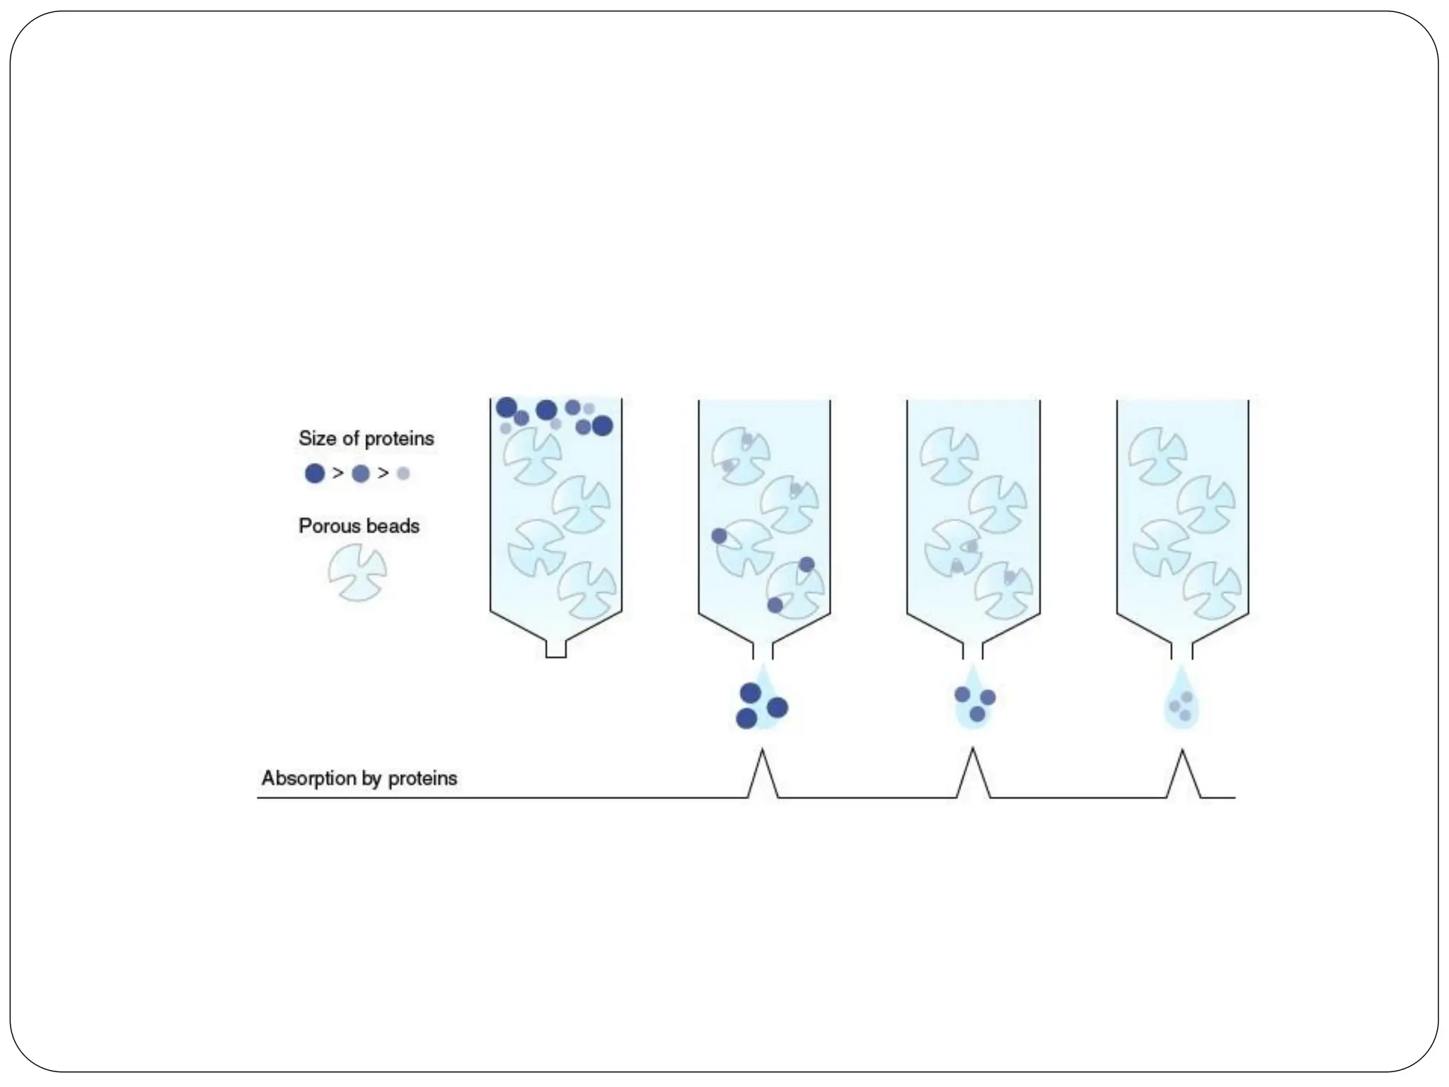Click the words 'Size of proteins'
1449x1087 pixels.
tap(366, 439)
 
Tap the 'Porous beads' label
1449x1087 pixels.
tap(359, 527)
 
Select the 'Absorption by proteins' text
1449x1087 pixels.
tap(359, 778)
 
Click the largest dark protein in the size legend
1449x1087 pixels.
tap(315, 473)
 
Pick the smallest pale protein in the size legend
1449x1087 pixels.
tap(403, 473)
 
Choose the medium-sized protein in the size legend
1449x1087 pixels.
tap(361, 473)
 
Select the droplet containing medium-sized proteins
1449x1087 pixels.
tap(974, 701)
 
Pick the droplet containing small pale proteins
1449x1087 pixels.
tap(1182, 704)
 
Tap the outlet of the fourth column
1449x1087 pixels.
tap(1182, 650)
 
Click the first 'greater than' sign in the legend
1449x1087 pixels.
tap(338, 473)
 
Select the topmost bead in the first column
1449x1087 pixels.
tap(532, 456)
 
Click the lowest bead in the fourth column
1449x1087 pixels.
tap(1212, 590)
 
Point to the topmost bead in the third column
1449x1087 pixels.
tap(949, 456)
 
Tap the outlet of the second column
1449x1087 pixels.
tap(763, 650)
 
